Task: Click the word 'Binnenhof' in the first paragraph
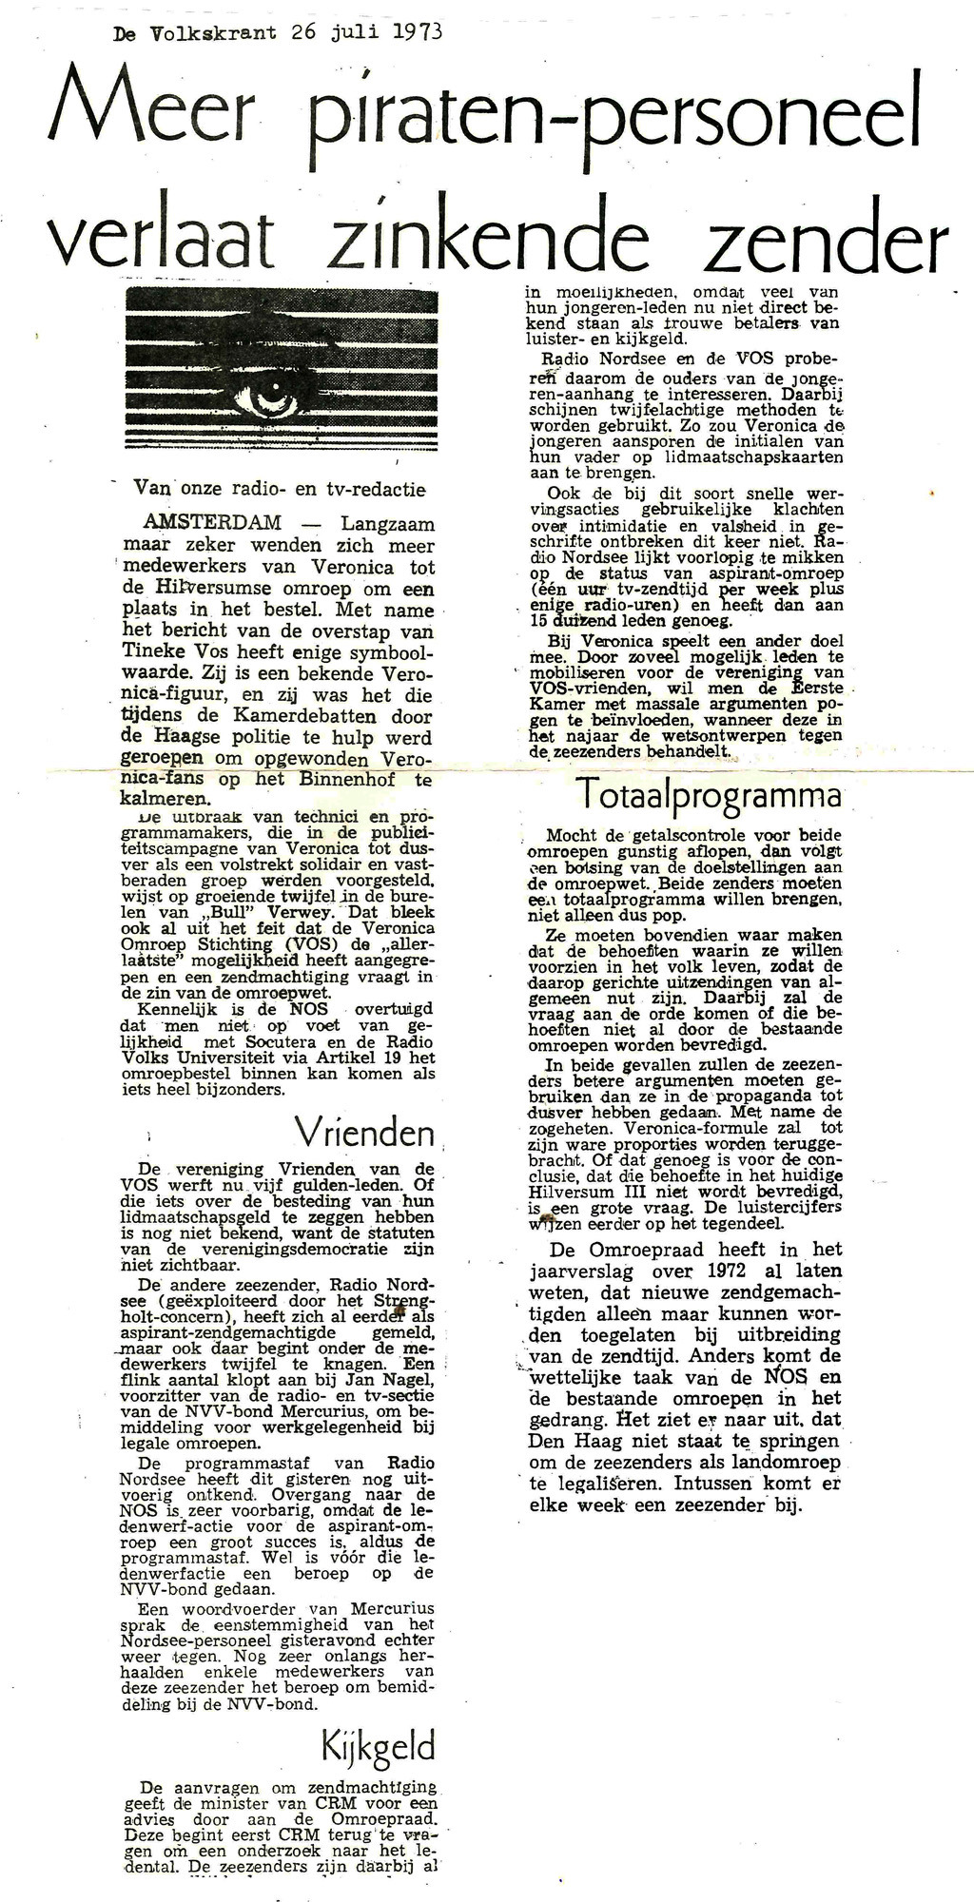pos(333,779)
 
